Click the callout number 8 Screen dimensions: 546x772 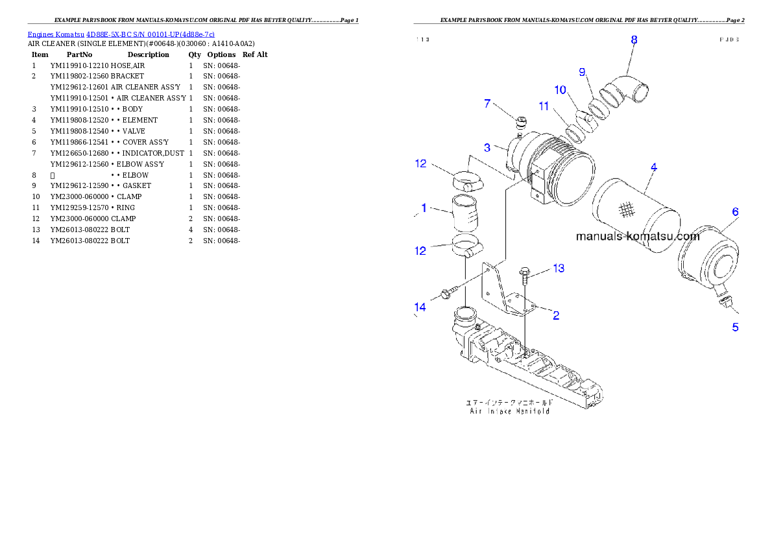pos(634,40)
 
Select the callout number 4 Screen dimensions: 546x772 pos(654,167)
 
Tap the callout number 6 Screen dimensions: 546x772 pos(735,212)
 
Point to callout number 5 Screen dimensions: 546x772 pos(735,327)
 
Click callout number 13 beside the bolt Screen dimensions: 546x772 pos(558,268)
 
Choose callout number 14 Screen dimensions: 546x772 pos(420,307)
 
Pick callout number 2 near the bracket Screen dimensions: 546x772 pos(556,316)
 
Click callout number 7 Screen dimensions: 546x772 pos(487,104)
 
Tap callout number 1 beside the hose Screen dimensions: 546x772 pos(424,208)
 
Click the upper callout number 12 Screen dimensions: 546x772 pos(420,163)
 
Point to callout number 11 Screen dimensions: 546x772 pos(544,106)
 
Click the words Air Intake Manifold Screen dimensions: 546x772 pos(510,411)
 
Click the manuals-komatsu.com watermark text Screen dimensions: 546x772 pos(638,237)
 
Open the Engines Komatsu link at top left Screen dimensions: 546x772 pos(121,34)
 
